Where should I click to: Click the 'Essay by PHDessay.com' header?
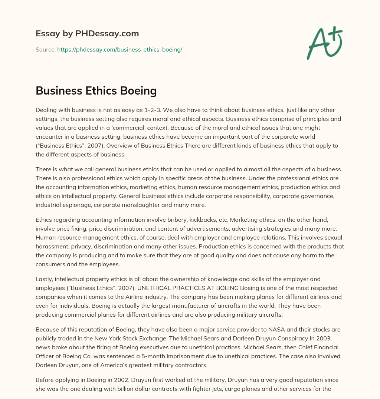(87, 34)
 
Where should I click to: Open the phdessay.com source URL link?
(119, 49)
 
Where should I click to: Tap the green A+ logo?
(324, 43)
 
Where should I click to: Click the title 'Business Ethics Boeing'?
(96, 90)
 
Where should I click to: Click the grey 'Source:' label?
(45, 49)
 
